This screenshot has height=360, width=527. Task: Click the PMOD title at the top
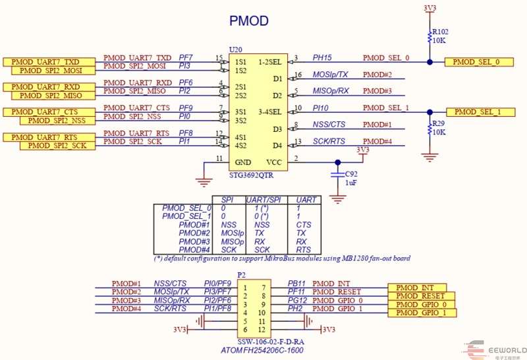[x=248, y=21]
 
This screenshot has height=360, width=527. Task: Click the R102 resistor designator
[x=440, y=31]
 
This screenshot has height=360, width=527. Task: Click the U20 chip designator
[x=235, y=50]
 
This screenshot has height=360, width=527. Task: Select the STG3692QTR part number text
[x=251, y=176]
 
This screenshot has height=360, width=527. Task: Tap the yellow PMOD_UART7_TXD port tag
[x=45, y=61]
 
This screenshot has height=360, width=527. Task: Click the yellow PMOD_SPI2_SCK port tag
[x=53, y=145]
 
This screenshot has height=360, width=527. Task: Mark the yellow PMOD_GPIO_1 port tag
[x=422, y=313]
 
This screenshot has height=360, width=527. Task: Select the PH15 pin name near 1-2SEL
[x=322, y=57]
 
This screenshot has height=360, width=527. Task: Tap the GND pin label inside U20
[x=243, y=162]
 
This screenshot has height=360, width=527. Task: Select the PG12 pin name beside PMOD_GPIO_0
[x=296, y=300]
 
